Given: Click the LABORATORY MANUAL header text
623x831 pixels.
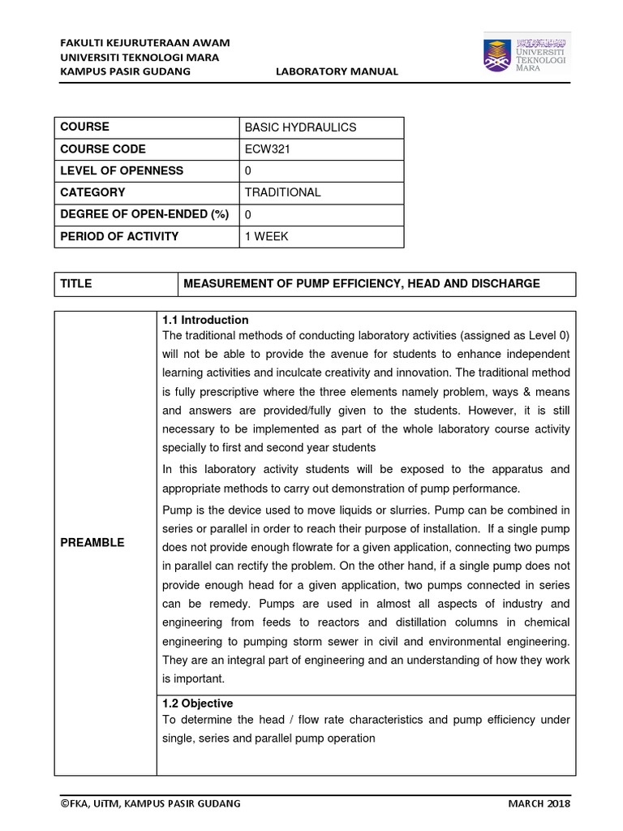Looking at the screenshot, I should click(337, 71).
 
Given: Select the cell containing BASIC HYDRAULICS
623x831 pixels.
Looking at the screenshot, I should click(299, 127).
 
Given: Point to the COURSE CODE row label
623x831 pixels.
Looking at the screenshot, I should click(103, 149).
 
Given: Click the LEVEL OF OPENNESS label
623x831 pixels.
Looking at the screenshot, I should click(122, 170).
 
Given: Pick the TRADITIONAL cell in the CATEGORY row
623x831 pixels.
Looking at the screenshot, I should click(282, 192).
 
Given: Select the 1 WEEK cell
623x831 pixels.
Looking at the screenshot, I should click(266, 236).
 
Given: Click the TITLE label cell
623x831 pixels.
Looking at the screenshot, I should click(76, 283).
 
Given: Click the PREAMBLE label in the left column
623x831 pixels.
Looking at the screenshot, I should click(93, 542).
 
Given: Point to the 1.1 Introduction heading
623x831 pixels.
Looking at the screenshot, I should click(205, 320).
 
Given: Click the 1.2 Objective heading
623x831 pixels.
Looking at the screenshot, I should click(198, 703).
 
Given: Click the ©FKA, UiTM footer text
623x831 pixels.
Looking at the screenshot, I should click(150, 803).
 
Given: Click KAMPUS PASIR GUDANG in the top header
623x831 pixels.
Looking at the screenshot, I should click(126, 71).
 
